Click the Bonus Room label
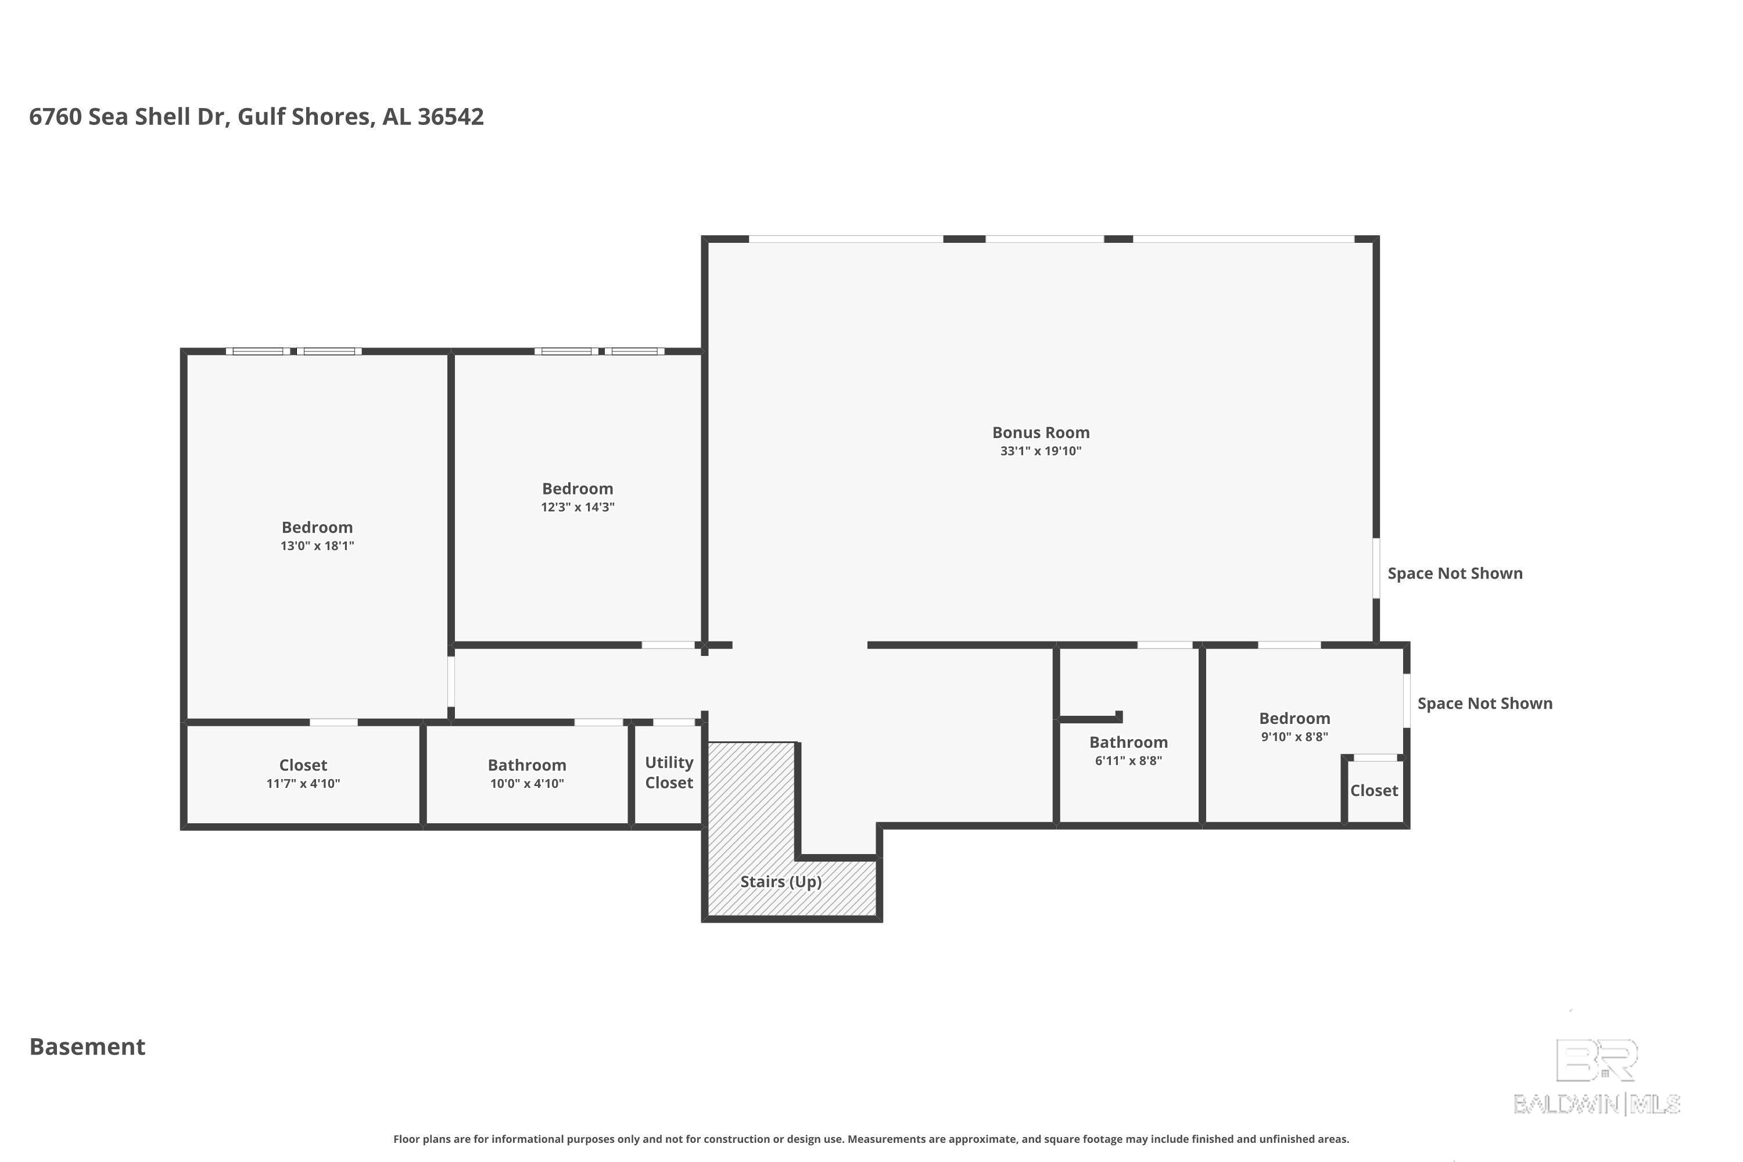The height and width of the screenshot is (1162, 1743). (1041, 433)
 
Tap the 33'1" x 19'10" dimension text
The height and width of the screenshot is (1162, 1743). (1041, 451)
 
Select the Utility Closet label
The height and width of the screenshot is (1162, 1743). (669, 772)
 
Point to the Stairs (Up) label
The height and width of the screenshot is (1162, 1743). (781, 882)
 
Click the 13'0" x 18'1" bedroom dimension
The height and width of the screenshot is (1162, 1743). (317, 546)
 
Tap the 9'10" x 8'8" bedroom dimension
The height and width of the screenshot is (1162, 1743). (1294, 737)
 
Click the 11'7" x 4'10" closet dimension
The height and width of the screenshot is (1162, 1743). (303, 784)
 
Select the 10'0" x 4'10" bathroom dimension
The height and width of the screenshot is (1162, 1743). (527, 784)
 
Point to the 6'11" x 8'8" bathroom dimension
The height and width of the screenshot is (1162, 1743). (1129, 761)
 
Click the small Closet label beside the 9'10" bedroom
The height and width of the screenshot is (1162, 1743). (1374, 791)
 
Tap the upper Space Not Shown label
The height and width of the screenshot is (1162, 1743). (1455, 573)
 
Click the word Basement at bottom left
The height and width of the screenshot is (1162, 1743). (88, 1046)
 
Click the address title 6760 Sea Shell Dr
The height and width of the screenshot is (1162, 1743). (256, 116)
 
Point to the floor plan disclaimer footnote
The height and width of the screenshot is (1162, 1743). (871, 1139)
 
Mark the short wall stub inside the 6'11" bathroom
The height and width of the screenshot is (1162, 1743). (1090, 718)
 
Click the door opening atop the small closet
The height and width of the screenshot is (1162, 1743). (1375, 758)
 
